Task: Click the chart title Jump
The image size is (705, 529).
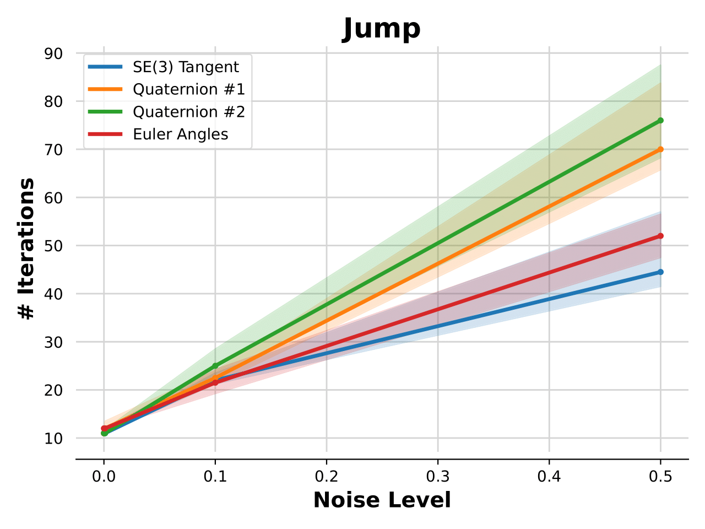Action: (x=382, y=29)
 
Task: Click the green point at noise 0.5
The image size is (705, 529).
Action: (x=660, y=120)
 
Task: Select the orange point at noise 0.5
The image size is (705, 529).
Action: (x=660, y=149)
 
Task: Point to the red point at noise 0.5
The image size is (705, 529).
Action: (x=660, y=236)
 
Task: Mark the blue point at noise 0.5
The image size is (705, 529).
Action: (x=660, y=272)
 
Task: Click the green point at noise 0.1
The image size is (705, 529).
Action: (x=215, y=366)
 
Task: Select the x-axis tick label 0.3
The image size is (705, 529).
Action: (x=438, y=476)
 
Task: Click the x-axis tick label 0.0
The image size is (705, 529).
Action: (x=104, y=476)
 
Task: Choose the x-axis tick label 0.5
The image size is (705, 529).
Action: (x=660, y=476)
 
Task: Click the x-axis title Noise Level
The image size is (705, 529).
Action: (x=382, y=500)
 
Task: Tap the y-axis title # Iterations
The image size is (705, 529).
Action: (x=26, y=248)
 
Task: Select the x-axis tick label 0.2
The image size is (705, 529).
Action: (x=327, y=476)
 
